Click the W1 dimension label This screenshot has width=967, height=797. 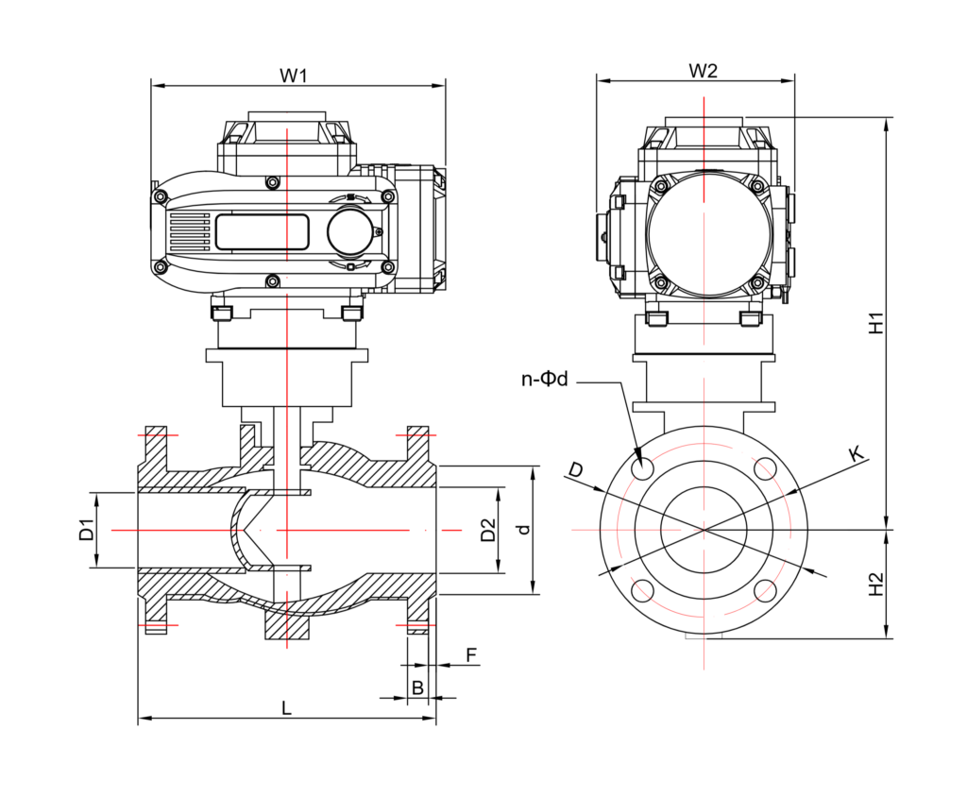click(x=294, y=76)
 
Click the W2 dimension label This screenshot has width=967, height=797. click(x=703, y=71)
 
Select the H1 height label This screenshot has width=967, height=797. click(x=876, y=324)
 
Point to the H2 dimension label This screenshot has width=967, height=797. click(x=876, y=585)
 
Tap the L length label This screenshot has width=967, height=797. click(x=286, y=707)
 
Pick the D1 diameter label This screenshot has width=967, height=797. click(x=87, y=529)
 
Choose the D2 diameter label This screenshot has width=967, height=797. click(x=488, y=529)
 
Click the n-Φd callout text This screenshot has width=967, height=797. click(x=544, y=379)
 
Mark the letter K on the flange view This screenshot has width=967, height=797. click(x=856, y=454)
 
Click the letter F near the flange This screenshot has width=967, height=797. click(x=472, y=655)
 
